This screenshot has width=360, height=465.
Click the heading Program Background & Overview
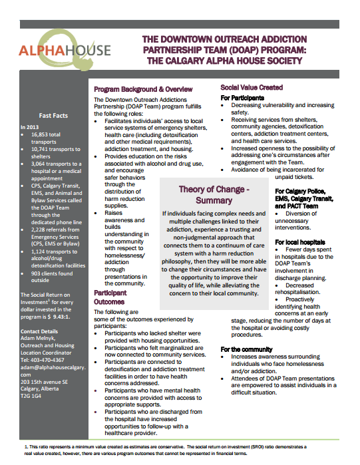pos(143,89)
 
